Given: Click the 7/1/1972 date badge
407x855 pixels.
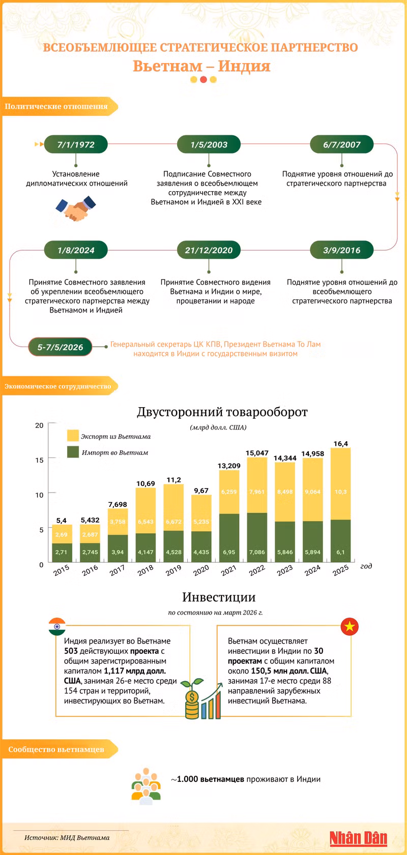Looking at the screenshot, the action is [76, 145].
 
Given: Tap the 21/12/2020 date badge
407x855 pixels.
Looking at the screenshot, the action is [209, 250].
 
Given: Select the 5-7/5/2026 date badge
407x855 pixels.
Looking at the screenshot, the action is [60, 347].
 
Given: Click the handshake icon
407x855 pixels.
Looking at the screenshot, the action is [76, 208].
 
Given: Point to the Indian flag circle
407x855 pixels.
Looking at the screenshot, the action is [57, 626].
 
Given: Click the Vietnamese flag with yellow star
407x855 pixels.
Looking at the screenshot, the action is [350, 626].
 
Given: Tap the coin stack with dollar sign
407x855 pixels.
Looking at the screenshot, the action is [192, 704].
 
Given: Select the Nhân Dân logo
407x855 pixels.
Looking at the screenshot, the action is [359, 838].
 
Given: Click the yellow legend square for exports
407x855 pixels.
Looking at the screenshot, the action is [73, 436].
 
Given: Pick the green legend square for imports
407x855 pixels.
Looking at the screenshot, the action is [73, 452].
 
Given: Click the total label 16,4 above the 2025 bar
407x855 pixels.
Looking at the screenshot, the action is [340, 444].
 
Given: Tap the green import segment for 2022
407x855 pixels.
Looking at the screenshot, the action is [257, 537].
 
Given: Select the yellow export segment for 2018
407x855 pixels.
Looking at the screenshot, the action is [146, 510].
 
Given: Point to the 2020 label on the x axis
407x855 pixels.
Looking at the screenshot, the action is [200, 570].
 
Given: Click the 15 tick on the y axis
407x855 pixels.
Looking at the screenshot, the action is [39, 460].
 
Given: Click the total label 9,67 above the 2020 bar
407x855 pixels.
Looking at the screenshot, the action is [201, 491].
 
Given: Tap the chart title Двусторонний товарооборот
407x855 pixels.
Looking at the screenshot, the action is [222, 412].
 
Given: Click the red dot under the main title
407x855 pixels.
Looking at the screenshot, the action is [203, 79].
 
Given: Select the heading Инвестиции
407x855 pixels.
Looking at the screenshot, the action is [219, 597].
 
